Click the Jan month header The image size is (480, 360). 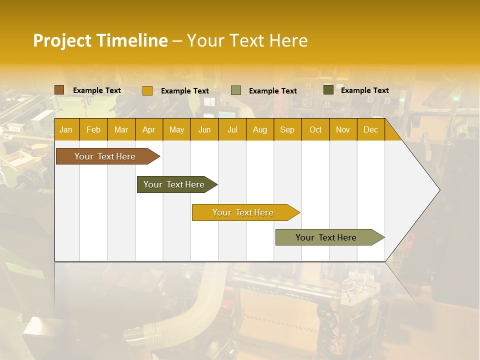click(x=66, y=129)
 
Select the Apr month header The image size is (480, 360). click(x=148, y=129)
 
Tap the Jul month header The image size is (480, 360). click(x=232, y=129)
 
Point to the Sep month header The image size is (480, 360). click(x=287, y=129)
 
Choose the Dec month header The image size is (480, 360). click(x=370, y=129)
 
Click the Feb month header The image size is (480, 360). click(x=93, y=129)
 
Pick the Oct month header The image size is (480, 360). click(x=315, y=129)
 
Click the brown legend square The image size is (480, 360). click(x=59, y=90)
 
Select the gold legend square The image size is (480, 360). click(x=147, y=90)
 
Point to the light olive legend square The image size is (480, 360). click(x=236, y=90)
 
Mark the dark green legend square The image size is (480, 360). click(x=328, y=90)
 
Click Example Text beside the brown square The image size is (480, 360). click(x=97, y=90)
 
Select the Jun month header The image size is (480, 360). click(x=204, y=129)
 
